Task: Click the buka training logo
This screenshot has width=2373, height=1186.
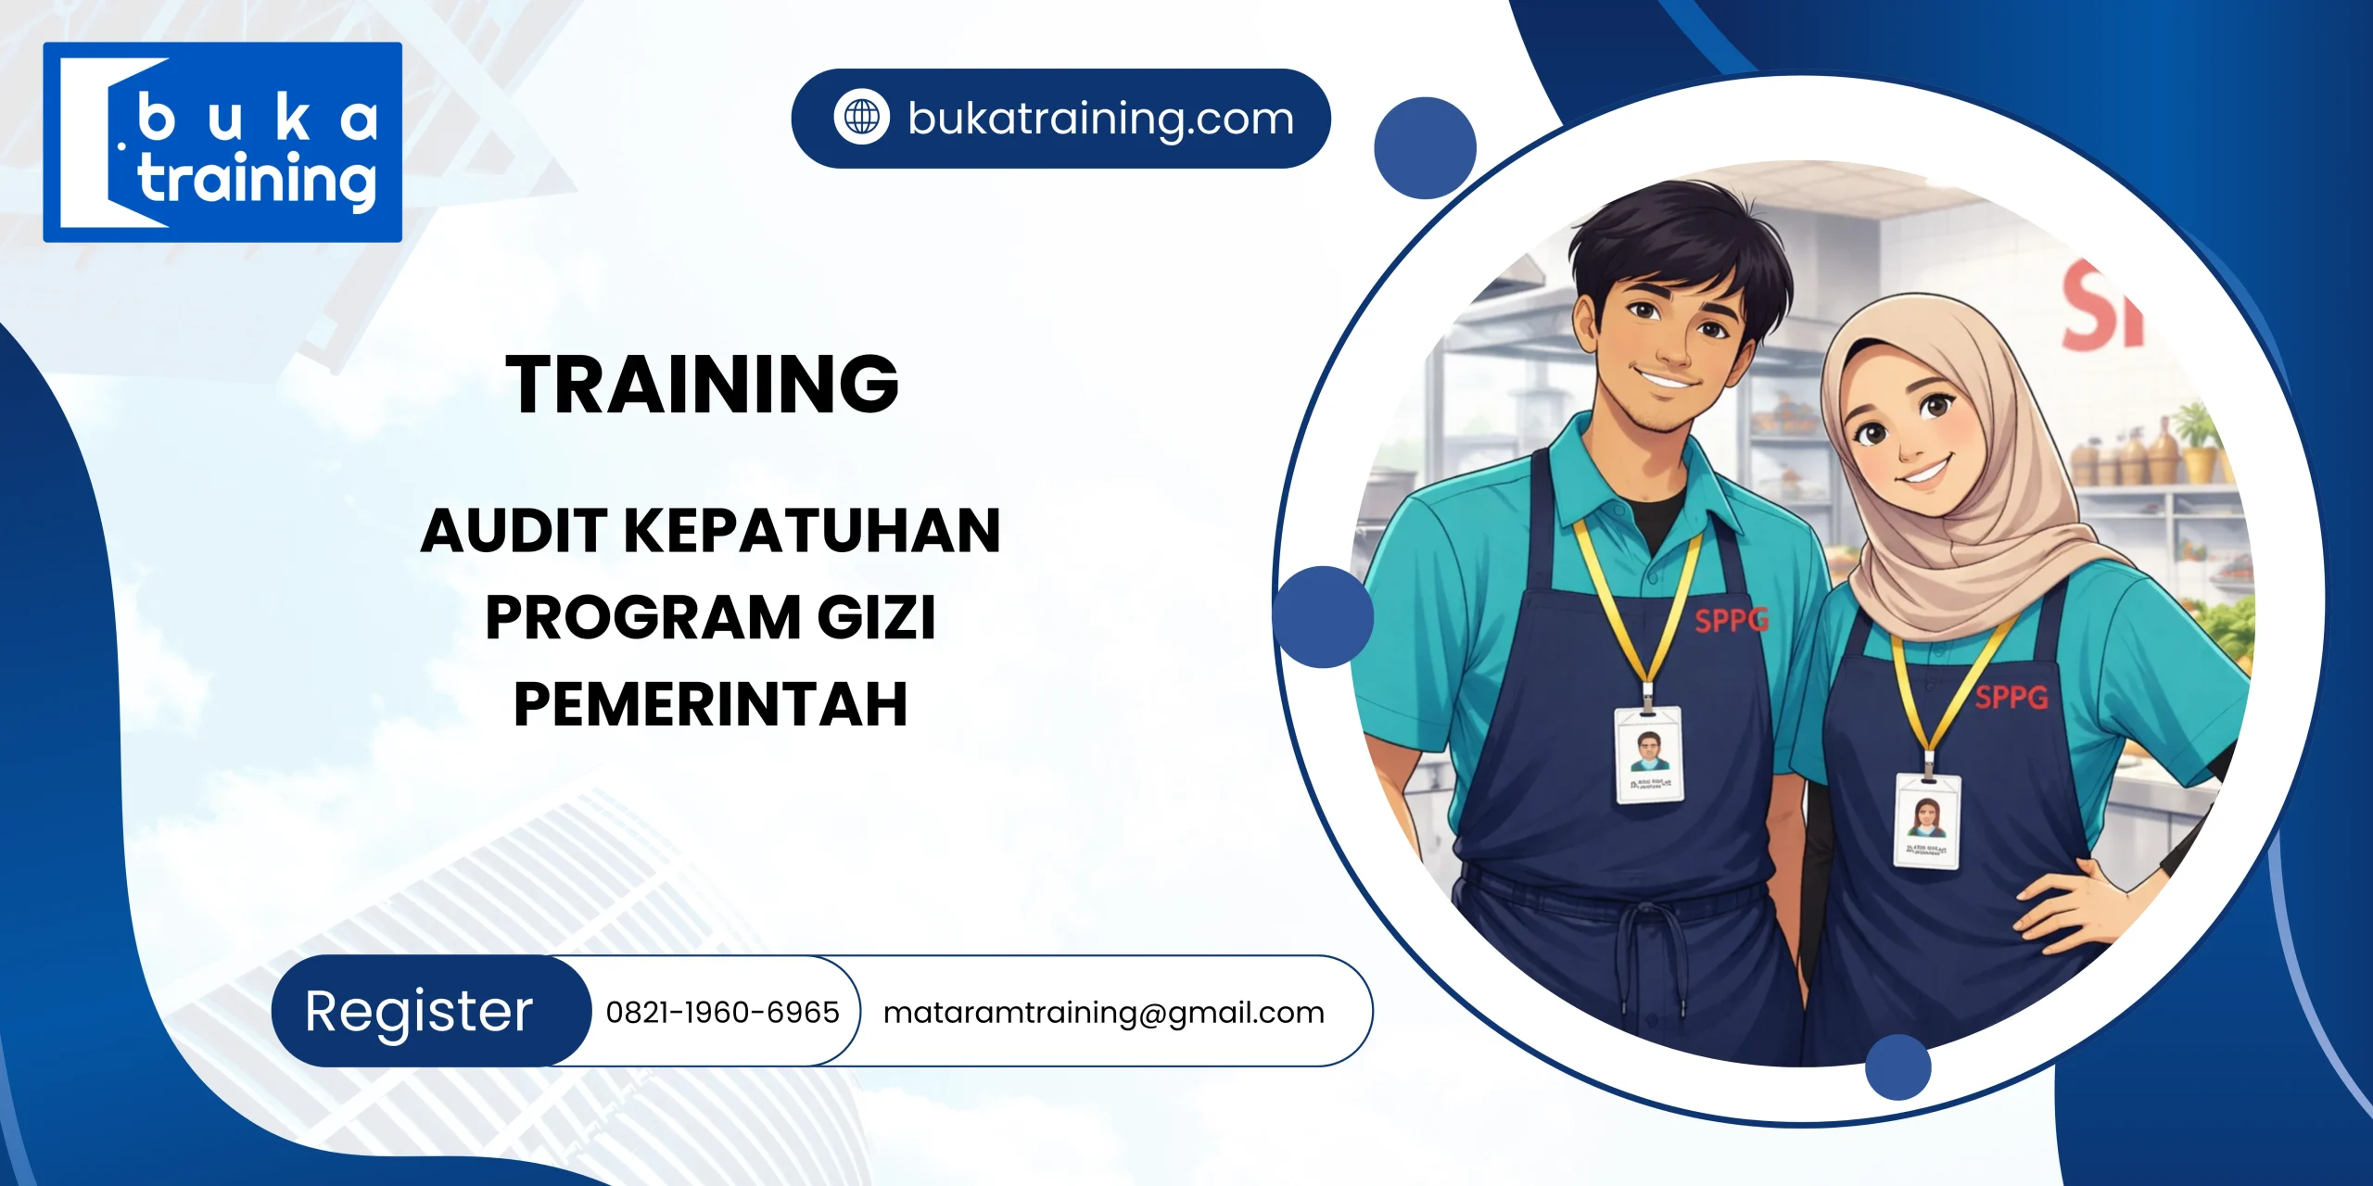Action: (x=222, y=142)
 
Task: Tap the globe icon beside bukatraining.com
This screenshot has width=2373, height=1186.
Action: (x=861, y=118)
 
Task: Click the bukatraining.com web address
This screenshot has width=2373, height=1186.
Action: (x=1100, y=119)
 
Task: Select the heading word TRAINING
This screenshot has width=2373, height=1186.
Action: (x=702, y=385)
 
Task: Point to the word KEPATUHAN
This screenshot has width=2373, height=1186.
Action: (x=812, y=531)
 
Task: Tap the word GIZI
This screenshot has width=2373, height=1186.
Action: (x=876, y=617)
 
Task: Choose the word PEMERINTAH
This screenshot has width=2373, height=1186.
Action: (x=710, y=704)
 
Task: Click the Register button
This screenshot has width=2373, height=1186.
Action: (x=419, y=1011)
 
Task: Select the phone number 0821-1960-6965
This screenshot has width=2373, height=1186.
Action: (x=722, y=1012)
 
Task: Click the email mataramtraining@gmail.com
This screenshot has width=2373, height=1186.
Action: (x=1103, y=1012)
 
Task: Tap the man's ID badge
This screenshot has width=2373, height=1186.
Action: (x=1648, y=754)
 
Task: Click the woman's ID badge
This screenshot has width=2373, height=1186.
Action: (x=1926, y=821)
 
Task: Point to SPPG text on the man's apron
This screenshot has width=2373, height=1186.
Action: (x=1732, y=620)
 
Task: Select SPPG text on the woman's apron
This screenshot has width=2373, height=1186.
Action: (x=2011, y=697)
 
